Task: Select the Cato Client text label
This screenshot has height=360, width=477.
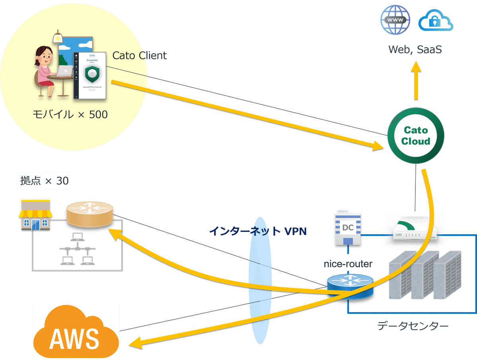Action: coord(140,56)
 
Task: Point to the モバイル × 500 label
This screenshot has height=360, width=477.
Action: coord(70,115)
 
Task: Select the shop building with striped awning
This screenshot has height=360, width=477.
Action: coord(35,215)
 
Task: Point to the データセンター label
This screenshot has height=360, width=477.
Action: coord(413,327)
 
